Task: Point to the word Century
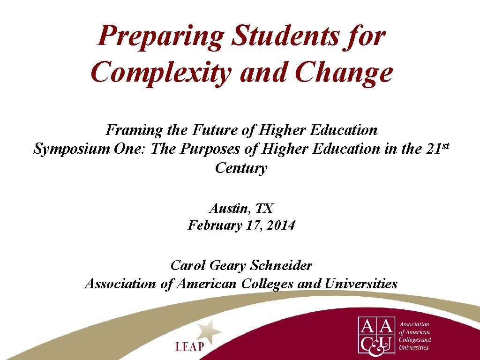pos(241,168)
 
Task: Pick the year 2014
pos(280,225)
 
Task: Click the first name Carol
pos(187,265)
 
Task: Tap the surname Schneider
pos(281,265)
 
